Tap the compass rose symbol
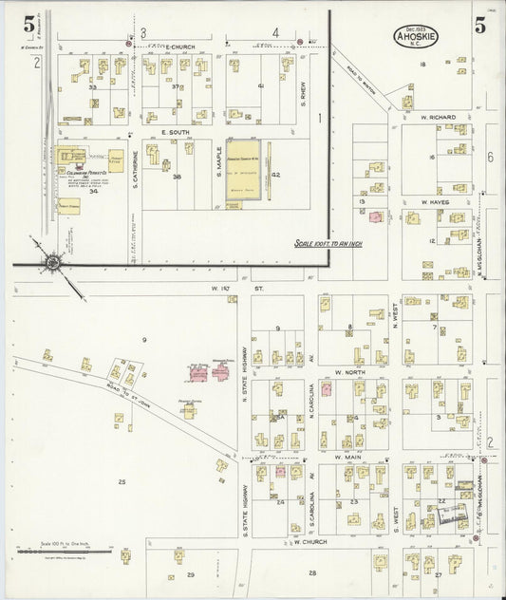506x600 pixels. [x=53, y=261]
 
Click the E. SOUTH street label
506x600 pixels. [x=176, y=131]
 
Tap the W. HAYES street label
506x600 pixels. [x=437, y=201]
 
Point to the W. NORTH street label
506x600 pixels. [x=350, y=372]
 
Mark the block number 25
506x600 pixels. [x=122, y=482]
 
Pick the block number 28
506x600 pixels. [x=311, y=574]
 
